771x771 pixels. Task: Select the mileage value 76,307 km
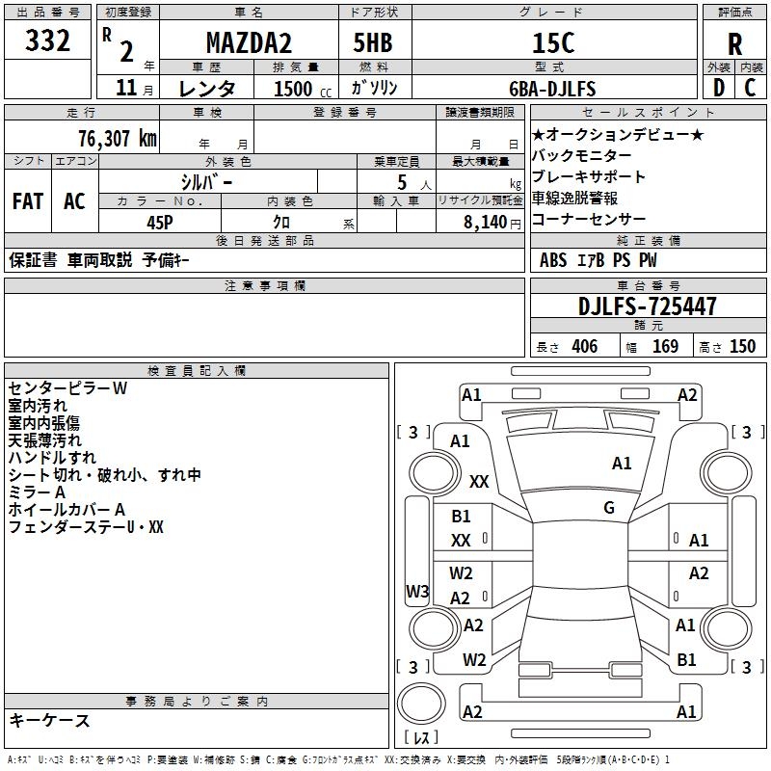[113, 138]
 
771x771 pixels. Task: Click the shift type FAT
[27, 201]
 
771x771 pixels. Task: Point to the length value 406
[584, 346]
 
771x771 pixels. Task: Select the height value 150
[742, 346]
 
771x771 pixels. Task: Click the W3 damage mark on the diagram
[416, 592]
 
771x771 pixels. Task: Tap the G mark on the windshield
[609, 508]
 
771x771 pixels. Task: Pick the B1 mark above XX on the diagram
[462, 517]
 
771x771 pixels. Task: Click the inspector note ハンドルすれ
[52, 458]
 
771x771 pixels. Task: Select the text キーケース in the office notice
[49, 720]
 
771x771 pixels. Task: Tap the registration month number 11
[125, 89]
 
